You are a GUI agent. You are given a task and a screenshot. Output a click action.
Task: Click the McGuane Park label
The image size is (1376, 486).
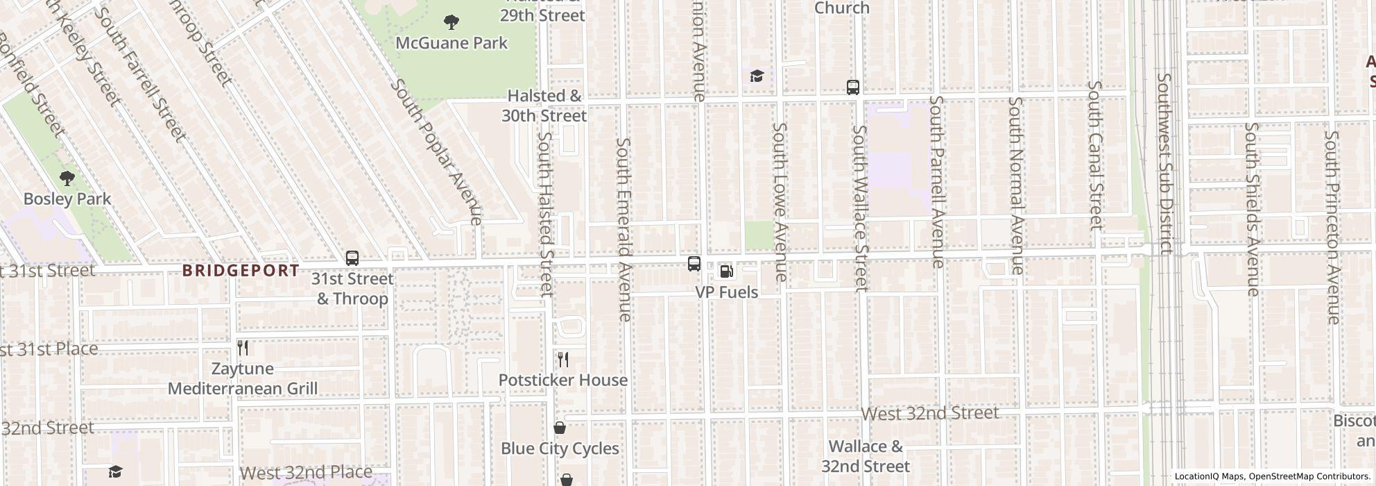[452, 43]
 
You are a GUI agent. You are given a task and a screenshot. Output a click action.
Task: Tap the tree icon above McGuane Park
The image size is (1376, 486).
[452, 22]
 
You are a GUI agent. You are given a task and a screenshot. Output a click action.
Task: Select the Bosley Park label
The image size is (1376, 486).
[67, 199]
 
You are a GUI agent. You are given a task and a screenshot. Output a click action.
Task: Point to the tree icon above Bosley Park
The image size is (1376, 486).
[67, 178]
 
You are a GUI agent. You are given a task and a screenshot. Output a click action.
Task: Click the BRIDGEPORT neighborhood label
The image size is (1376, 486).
[241, 271]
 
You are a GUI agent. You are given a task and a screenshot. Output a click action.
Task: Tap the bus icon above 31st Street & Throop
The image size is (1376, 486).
[352, 258]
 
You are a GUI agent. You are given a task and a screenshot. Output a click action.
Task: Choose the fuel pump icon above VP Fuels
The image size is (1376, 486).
[726, 271]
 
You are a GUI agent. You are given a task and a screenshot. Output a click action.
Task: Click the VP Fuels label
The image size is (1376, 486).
[726, 292]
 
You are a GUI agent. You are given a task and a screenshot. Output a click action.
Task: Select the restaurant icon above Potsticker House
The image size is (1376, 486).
[563, 360]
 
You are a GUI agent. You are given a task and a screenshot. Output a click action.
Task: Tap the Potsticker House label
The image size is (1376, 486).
[563, 380]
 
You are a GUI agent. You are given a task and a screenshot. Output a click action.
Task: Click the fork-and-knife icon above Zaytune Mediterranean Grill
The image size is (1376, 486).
[243, 348]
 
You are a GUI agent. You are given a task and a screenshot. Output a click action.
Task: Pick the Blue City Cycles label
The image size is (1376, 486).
[560, 449]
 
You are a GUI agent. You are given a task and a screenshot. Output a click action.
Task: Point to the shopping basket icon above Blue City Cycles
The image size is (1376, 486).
[560, 428]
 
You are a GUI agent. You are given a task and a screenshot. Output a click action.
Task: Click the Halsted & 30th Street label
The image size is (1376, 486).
[544, 106]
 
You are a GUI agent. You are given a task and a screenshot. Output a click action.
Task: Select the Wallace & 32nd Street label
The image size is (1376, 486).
[866, 456]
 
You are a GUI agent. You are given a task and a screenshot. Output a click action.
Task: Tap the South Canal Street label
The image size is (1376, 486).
[1094, 155]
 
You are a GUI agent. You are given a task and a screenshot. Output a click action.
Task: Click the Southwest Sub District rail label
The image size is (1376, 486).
[1165, 164]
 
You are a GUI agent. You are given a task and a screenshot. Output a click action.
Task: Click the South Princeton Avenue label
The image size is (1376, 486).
[1332, 227]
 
